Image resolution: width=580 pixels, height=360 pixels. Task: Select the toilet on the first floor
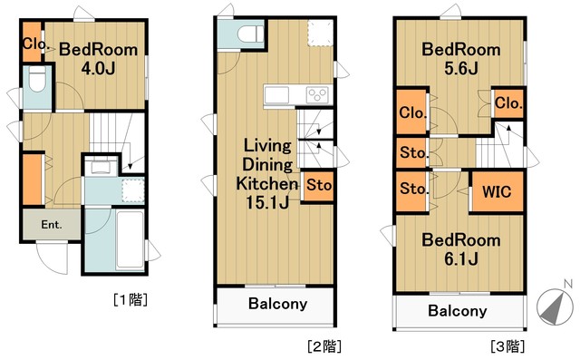pyautogui.click(x=35, y=83)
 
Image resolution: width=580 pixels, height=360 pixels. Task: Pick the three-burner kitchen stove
pyautogui.click(x=316, y=94)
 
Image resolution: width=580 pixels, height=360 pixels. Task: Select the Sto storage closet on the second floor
pyautogui.click(x=317, y=186)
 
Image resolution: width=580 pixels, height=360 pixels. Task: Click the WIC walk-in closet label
pyautogui.click(x=495, y=192)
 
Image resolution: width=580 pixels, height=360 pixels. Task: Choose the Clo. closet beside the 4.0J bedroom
pyautogui.click(x=34, y=43)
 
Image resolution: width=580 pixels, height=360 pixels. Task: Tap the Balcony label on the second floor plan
pyautogui.click(x=277, y=304)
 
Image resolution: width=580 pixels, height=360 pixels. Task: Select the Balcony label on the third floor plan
pyautogui.click(x=457, y=310)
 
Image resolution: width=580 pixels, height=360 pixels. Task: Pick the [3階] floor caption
pyautogui.click(x=507, y=345)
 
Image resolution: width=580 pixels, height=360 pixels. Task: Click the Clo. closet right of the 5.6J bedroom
pyautogui.click(x=508, y=103)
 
